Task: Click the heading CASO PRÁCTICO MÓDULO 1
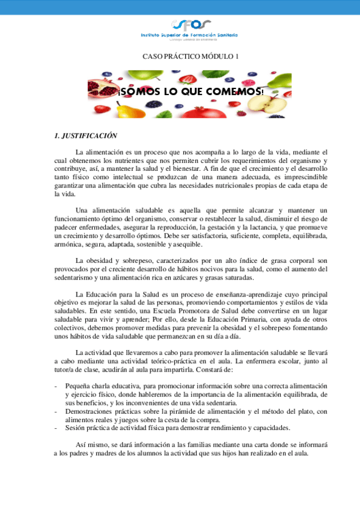click(x=190, y=56)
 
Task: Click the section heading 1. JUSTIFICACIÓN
click(x=85, y=136)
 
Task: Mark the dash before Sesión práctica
click(x=56, y=428)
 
